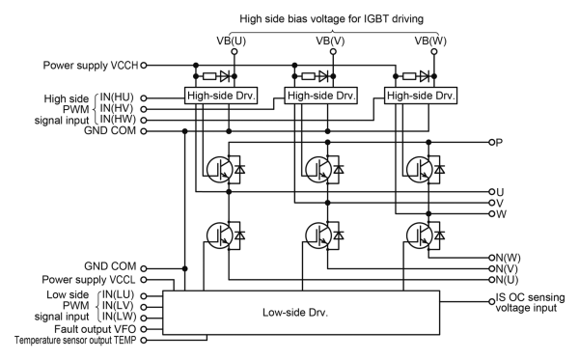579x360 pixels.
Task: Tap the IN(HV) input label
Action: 119,109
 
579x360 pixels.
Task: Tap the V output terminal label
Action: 499,203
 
